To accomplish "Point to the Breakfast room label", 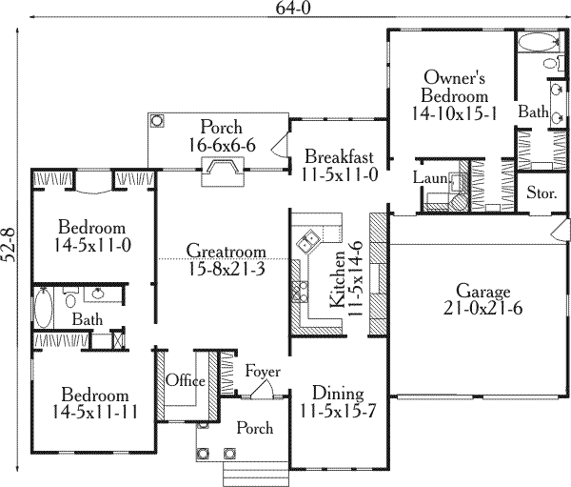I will point(338,156).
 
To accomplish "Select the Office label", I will point(186,381).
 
